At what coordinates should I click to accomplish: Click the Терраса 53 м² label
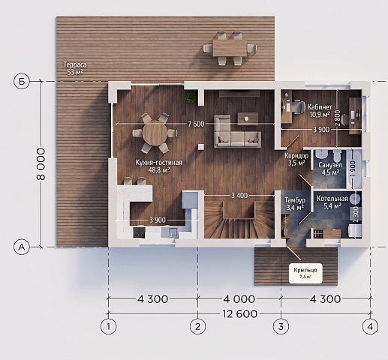75,68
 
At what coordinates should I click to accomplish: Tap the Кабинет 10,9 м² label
320,111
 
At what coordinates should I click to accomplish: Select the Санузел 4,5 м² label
330,169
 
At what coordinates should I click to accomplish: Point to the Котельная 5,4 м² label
332,202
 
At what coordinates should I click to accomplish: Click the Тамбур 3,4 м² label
295,203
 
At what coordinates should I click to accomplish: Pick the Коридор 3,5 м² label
296,159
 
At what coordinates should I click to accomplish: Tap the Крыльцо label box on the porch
305,273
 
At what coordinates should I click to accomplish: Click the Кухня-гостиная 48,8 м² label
158,166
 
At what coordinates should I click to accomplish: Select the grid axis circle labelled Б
22,81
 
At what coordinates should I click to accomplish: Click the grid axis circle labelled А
22,247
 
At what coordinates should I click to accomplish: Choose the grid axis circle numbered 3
281,326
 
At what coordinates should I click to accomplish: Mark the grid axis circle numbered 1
108,326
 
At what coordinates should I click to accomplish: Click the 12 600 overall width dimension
239,313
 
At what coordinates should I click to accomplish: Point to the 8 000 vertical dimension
41,164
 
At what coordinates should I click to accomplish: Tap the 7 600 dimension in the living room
196,124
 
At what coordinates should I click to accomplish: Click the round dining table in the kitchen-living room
155,133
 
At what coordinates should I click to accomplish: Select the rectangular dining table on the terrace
230,48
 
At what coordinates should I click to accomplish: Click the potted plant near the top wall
191,97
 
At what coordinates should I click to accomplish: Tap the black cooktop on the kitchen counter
140,232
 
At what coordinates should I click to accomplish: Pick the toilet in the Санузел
337,155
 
